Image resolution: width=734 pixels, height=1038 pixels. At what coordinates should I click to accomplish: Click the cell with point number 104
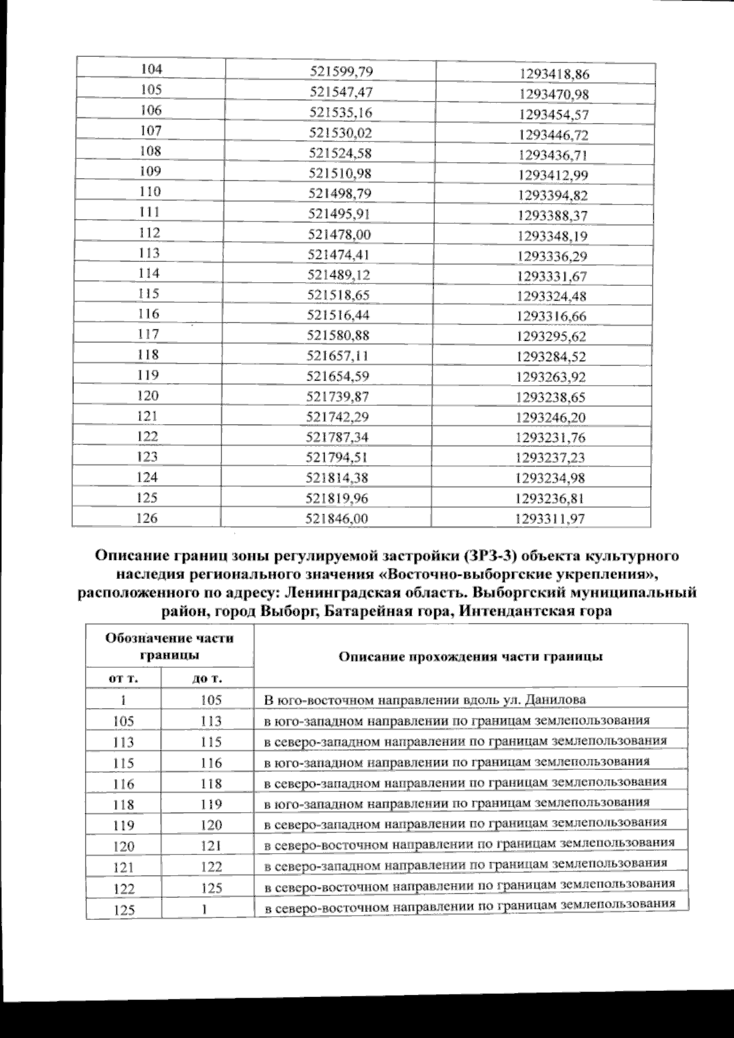click(x=151, y=69)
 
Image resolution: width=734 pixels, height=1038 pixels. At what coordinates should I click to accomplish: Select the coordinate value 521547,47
click(x=341, y=92)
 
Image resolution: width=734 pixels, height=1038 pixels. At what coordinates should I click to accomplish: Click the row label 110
click(x=150, y=192)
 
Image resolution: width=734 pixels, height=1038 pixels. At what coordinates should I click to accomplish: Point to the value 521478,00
click(x=341, y=234)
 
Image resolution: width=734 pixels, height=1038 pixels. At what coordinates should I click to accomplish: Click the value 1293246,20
click(x=550, y=417)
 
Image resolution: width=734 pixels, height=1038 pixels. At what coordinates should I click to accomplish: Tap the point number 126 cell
click(x=147, y=518)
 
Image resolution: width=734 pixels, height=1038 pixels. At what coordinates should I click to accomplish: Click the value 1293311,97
click(x=550, y=519)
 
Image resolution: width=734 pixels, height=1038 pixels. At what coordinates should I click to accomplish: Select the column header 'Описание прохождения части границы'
click(x=470, y=656)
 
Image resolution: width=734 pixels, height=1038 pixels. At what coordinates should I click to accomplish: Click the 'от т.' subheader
click(x=123, y=678)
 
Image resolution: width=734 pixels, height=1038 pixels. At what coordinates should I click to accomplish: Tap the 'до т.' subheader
click(x=207, y=678)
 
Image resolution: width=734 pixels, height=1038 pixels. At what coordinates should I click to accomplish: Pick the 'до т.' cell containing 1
click(x=207, y=909)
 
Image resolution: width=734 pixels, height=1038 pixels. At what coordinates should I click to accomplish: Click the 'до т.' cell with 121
click(x=211, y=846)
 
